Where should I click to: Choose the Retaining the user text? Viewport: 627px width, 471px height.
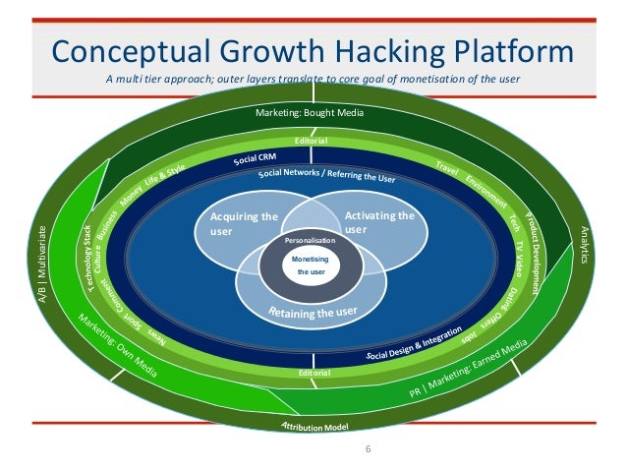pos(313,313)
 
